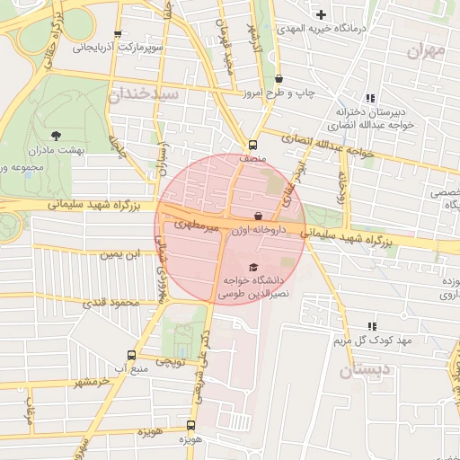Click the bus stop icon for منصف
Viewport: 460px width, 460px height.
click(252, 144)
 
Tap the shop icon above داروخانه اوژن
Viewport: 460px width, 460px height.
click(259, 216)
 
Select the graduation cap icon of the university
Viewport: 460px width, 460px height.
click(252, 267)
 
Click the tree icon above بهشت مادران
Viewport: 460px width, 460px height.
click(56, 136)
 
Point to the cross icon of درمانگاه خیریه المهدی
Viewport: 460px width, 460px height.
click(321, 14)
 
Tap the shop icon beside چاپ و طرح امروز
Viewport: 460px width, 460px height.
click(279, 78)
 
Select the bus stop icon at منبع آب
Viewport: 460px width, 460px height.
click(132, 355)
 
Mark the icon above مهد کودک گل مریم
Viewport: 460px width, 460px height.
click(372, 326)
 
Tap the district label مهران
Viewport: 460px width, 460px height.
click(425, 51)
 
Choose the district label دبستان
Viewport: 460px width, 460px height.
click(367, 368)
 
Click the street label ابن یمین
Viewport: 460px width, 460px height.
click(121, 256)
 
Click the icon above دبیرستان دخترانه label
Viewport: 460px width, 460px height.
click(369, 98)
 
